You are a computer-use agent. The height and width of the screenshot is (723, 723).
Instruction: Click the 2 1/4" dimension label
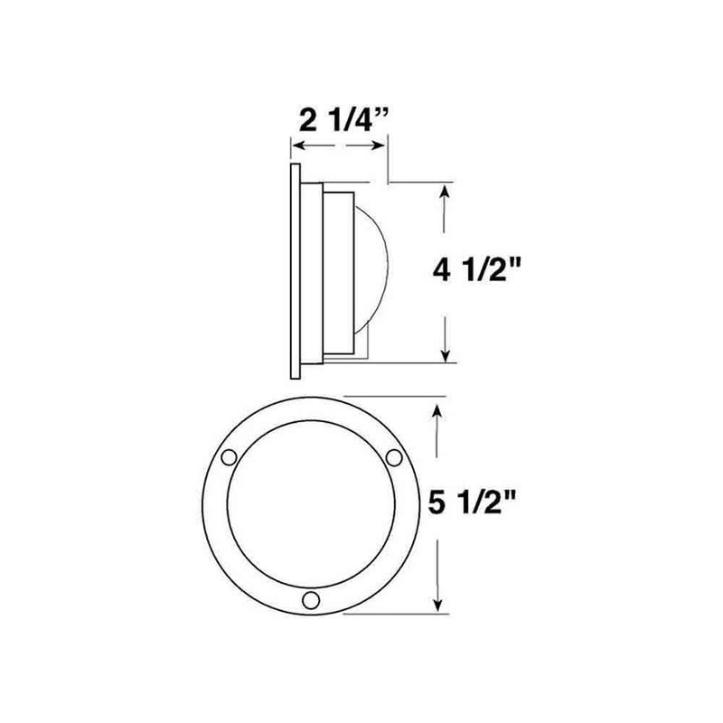345,119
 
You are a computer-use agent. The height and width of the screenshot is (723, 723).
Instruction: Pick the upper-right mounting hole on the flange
393,458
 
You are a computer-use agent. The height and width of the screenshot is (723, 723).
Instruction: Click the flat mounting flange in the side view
295,271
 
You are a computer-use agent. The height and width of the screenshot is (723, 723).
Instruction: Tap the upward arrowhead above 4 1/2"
445,192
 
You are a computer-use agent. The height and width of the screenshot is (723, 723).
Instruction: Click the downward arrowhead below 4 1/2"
445,354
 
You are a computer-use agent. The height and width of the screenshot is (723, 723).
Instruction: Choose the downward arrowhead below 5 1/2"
439,606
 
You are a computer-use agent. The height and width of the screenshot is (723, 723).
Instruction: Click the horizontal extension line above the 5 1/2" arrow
398,396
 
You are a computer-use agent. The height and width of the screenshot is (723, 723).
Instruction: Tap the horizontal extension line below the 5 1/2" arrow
398,614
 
